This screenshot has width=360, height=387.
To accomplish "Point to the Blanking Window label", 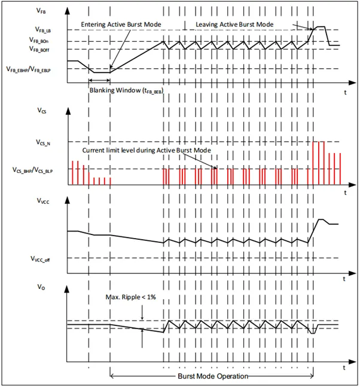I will pos(126,90).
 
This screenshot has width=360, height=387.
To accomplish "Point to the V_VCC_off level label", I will pos(45,258).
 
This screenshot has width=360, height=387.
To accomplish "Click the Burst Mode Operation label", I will pos(212,377).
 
